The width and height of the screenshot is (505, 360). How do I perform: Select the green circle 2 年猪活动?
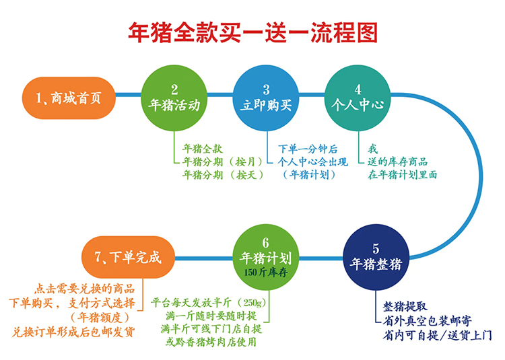click(174, 98)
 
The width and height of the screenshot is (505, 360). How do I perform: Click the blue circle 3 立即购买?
click(265, 98)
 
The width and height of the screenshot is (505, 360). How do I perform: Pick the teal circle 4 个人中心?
click(358, 98)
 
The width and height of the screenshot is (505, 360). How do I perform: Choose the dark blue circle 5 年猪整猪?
click(376, 257)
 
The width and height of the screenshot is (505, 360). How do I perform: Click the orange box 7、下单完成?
click(127, 257)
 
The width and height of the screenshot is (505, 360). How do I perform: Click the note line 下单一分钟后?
click(308, 149)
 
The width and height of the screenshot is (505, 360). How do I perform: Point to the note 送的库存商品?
click(397, 162)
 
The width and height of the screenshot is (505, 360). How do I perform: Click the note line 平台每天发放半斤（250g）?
click(210, 302)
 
